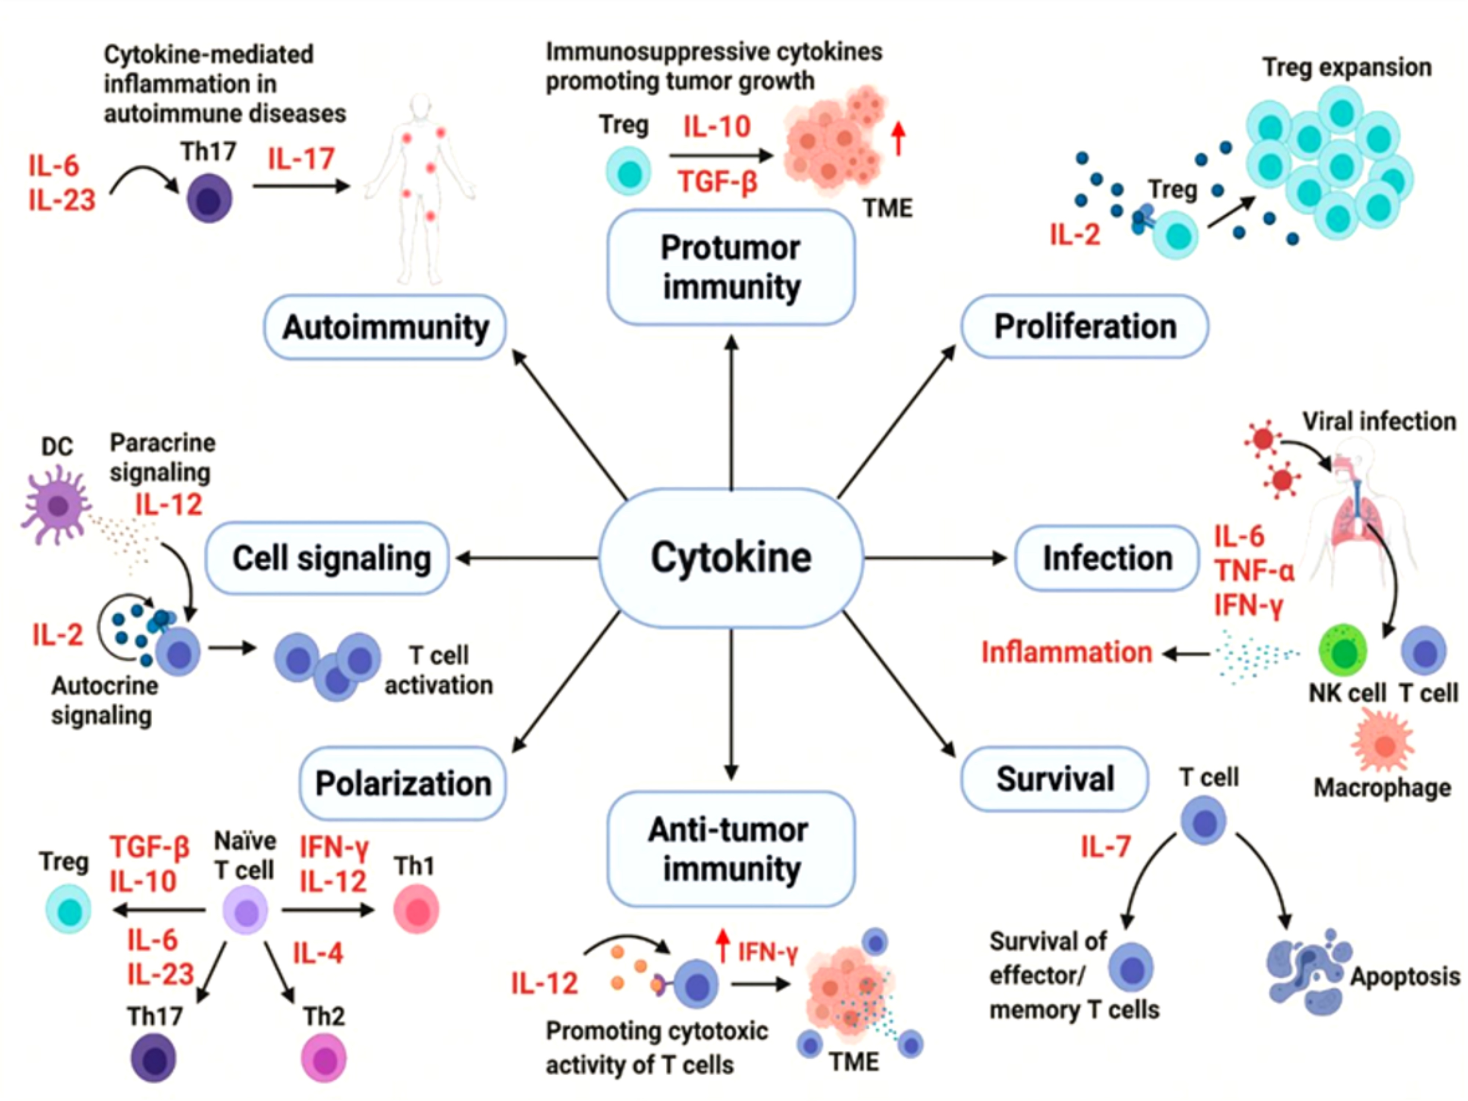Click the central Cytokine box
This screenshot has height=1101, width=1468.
tap(731, 557)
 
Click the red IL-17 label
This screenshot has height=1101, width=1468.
tap(301, 159)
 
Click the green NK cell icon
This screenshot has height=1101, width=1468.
tap(1343, 650)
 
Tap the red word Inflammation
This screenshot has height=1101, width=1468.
tap(1067, 653)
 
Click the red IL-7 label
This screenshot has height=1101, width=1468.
tap(1105, 847)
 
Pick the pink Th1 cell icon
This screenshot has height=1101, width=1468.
tap(416, 910)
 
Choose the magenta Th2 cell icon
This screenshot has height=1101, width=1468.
tap(324, 1058)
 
